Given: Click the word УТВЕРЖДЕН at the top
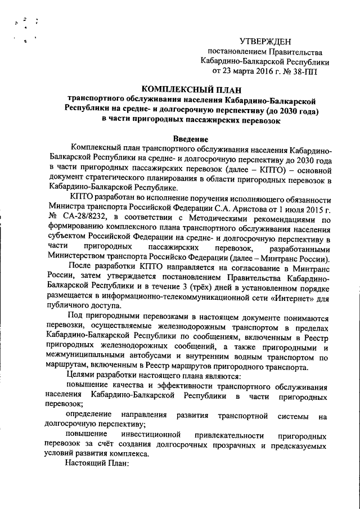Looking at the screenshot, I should [265, 40].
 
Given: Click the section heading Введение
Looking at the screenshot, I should [191, 139].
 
